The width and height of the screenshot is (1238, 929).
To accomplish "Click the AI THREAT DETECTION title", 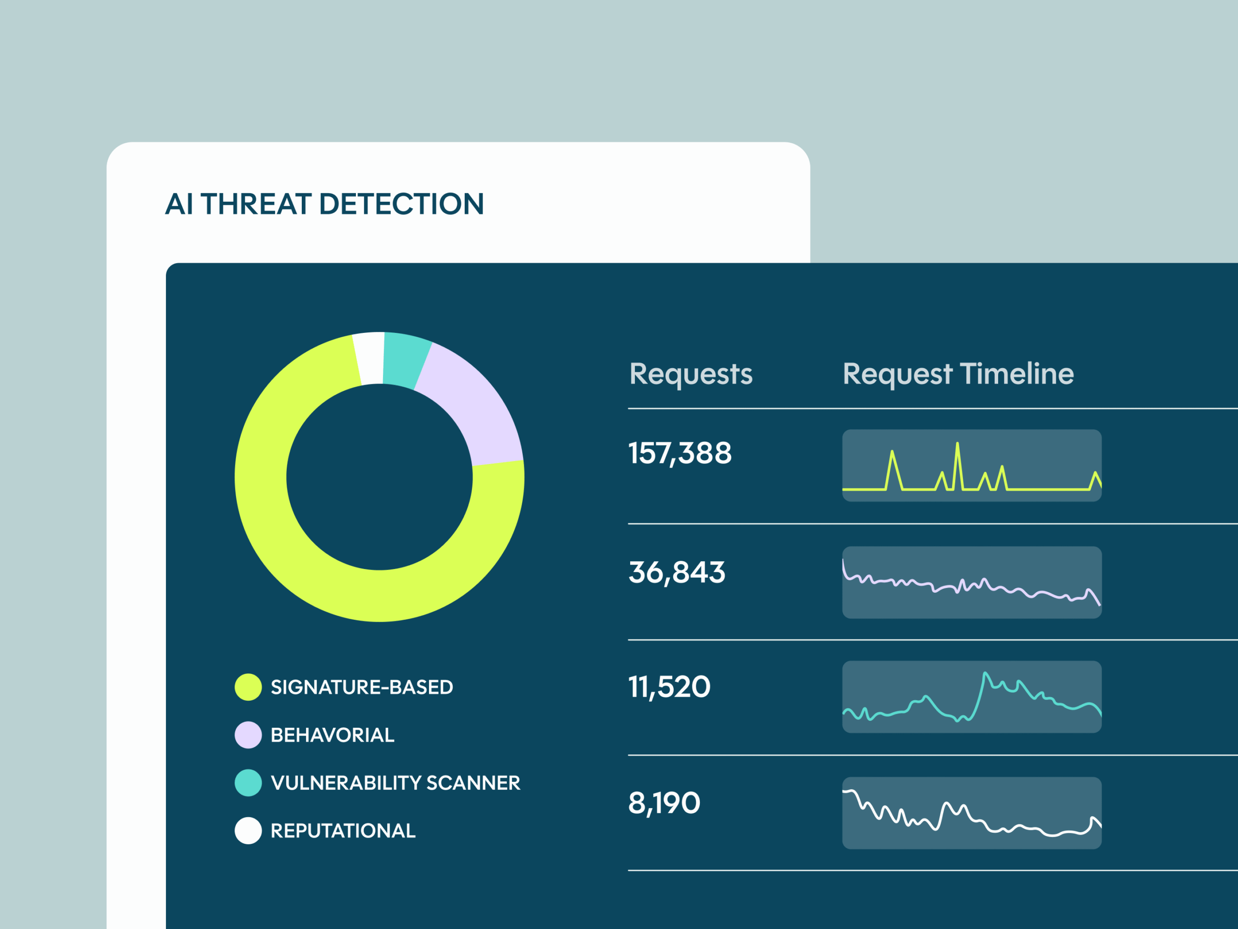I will coord(324,204).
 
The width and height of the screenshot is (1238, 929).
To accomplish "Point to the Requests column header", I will coord(691,374).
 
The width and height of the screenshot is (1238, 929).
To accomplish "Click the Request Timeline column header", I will coord(958,374).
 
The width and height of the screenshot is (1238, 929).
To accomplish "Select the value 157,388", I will coord(679,453).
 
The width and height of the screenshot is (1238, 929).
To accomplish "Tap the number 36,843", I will coord(677,573).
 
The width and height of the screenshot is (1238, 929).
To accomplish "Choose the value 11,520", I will coord(669,687).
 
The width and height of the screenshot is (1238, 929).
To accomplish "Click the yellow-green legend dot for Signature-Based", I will coord(248,687).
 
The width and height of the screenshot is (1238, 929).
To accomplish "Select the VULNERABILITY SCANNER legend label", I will coord(395,783).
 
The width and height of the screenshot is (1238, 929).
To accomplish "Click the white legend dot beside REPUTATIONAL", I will coord(248,830).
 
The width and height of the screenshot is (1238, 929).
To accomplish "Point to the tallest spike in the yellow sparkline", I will coord(958,444).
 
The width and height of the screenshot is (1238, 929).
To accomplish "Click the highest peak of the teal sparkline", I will coord(985,674).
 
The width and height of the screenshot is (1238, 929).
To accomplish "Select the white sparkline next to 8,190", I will coord(972,818).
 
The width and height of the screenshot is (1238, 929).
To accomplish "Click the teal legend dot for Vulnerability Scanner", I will coord(248,783).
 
